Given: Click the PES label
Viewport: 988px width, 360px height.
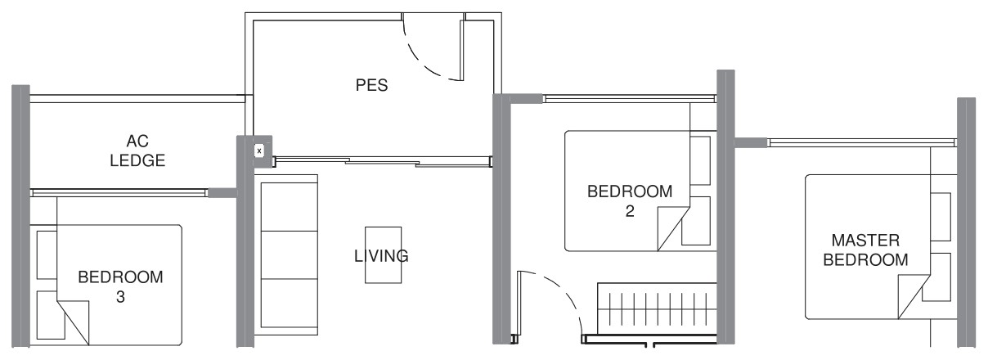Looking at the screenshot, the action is (371, 85).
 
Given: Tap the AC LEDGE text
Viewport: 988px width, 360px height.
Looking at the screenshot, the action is (137, 151).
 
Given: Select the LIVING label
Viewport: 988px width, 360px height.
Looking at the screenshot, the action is (381, 256).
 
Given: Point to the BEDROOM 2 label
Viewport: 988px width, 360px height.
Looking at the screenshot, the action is (630, 201).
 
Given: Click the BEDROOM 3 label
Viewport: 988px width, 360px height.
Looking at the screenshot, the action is (120, 286).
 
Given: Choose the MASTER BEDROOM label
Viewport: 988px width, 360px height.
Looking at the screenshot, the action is (865, 250).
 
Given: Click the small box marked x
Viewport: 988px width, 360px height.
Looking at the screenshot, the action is (259, 151).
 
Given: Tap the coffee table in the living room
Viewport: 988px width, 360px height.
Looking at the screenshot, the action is (384, 255).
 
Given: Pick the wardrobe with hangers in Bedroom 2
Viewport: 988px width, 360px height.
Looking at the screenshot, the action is (658, 308).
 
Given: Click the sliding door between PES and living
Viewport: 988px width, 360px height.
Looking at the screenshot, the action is (383, 161).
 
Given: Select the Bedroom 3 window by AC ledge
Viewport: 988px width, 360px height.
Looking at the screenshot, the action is (119, 192).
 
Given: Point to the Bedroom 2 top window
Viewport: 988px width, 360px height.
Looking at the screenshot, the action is (631, 98).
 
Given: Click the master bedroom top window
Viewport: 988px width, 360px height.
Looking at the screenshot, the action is (863, 142).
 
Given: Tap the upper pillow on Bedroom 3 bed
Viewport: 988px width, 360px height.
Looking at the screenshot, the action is (47, 254).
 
